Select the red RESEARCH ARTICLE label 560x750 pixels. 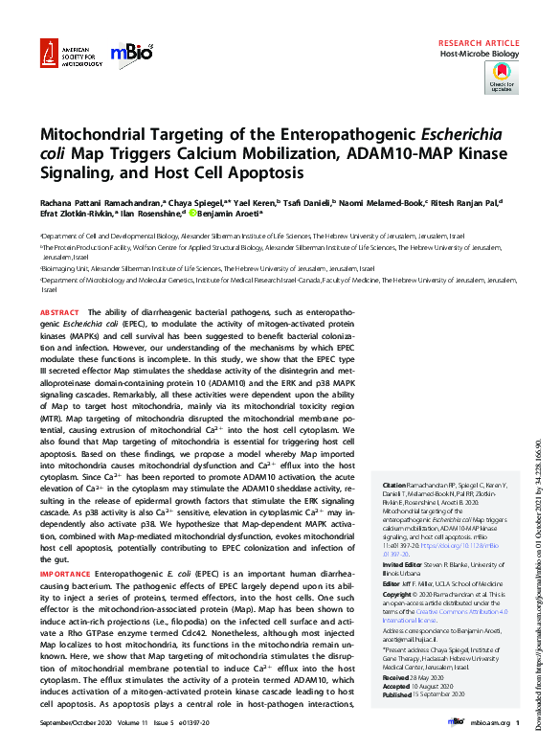[x=479, y=44]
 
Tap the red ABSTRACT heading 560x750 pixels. [x=59, y=313]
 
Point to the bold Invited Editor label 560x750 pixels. [x=405, y=565]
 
